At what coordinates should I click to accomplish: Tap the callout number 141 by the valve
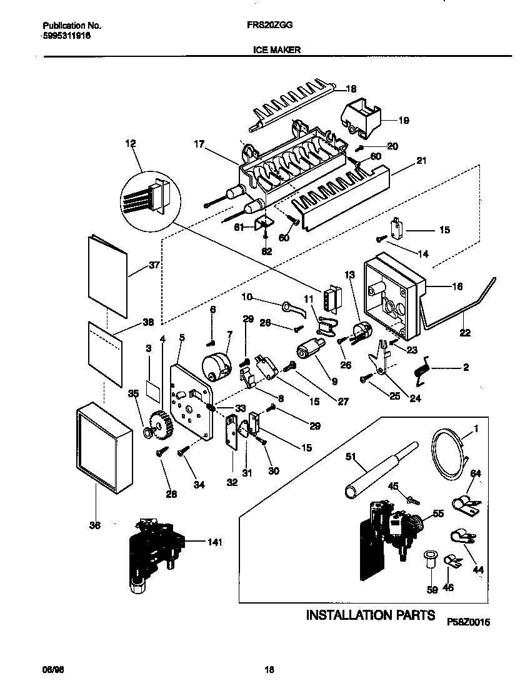pos(214,542)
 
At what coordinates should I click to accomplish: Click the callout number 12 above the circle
pos(130,144)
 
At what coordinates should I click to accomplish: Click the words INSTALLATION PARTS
pos(370,615)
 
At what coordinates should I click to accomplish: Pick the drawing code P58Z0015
pos(469,622)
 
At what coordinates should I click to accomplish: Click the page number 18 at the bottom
pos(269,670)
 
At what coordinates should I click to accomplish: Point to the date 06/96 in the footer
pos(53,670)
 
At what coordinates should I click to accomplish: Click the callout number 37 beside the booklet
pos(154,265)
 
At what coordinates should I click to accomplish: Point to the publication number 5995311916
pos(67,37)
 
